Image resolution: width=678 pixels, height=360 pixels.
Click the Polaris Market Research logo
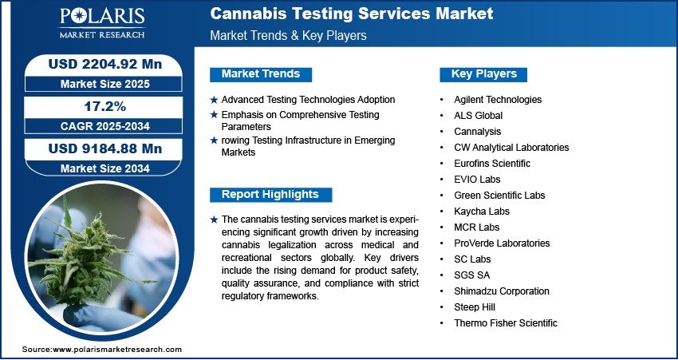point(102,23)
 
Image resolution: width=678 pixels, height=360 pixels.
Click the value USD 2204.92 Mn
point(105,64)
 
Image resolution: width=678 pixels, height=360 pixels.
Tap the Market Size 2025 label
point(105,84)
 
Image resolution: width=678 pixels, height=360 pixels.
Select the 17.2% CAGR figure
point(106,106)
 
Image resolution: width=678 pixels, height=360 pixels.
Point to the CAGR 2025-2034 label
point(105,126)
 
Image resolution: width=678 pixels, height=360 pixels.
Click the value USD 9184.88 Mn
point(105,148)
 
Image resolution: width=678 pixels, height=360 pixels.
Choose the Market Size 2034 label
point(105,168)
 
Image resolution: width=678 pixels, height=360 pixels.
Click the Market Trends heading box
point(261,74)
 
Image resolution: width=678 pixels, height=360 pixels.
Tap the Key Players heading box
point(483,74)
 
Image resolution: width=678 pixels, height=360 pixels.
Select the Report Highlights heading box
point(270,195)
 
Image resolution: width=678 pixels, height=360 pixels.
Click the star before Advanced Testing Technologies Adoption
point(214,100)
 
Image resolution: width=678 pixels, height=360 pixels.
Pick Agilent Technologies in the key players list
point(498,100)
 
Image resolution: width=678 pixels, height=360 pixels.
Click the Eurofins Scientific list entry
point(492,164)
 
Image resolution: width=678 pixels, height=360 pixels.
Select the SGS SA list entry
point(471,275)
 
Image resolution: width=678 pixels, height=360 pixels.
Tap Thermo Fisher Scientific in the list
point(506,322)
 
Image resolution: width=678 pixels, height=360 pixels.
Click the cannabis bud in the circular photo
point(86,259)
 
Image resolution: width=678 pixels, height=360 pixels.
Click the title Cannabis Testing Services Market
point(352,14)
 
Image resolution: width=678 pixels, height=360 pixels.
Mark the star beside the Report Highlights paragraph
point(214,220)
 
